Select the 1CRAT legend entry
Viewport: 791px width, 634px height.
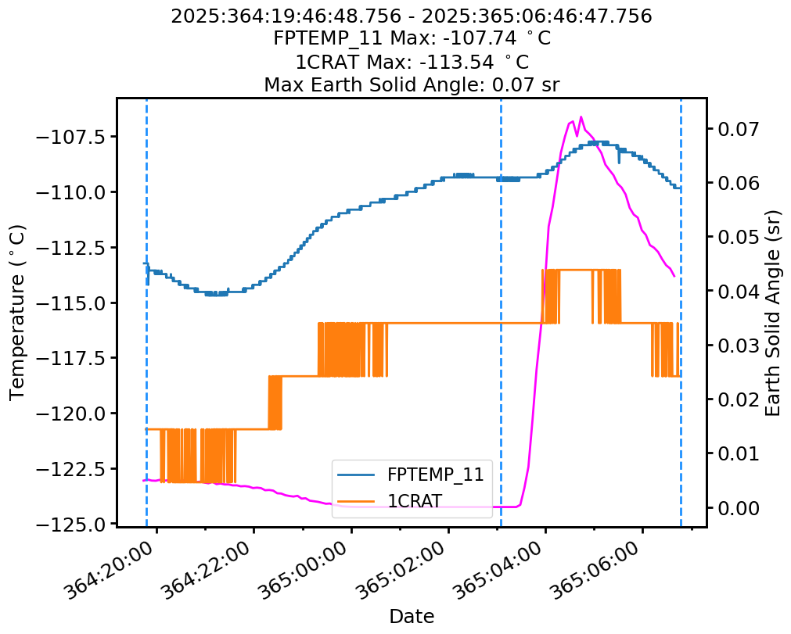(x=411, y=500)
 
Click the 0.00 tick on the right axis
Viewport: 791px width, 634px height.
(x=735, y=508)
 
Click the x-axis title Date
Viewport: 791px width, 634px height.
(x=412, y=616)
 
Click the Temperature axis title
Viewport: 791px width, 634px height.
(x=17, y=312)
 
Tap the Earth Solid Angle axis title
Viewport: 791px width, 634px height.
(x=773, y=312)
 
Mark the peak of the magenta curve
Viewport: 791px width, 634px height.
(x=581, y=117)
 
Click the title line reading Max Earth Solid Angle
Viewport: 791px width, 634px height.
(x=412, y=84)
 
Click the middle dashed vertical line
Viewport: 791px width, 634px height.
(x=501, y=313)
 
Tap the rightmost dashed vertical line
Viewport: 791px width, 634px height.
(x=681, y=313)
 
